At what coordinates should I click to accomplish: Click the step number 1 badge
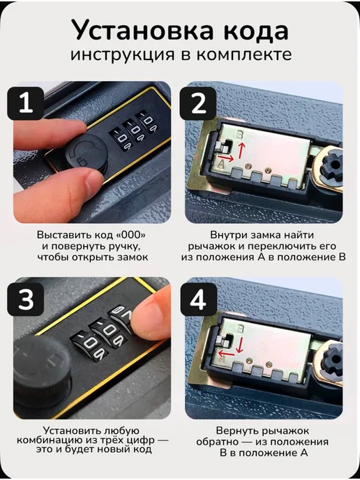pyautogui.click(x=25, y=103)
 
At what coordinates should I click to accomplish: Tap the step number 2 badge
pyautogui.click(x=198, y=103)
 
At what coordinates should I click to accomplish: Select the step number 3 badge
pyautogui.click(x=25, y=299)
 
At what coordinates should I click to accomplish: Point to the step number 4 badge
pyautogui.click(x=198, y=299)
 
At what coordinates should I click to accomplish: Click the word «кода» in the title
pyautogui.click(x=254, y=30)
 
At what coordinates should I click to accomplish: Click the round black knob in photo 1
pyautogui.click(x=87, y=153)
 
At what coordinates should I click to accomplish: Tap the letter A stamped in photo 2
pyautogui.click(x=221, y=165)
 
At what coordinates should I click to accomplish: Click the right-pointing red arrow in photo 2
pyautogui.click(x=227, y=158)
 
